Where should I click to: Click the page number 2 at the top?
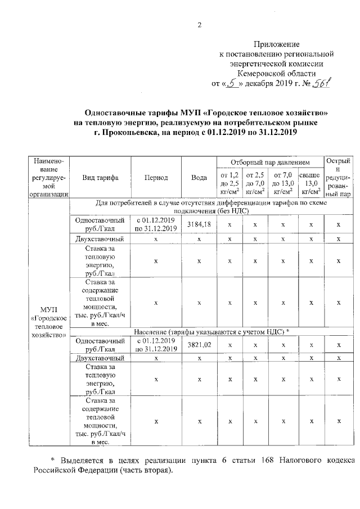pos(199,24)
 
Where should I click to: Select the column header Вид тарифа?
pos(100,177)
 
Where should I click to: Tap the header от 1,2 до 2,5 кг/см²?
pos(229,183)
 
